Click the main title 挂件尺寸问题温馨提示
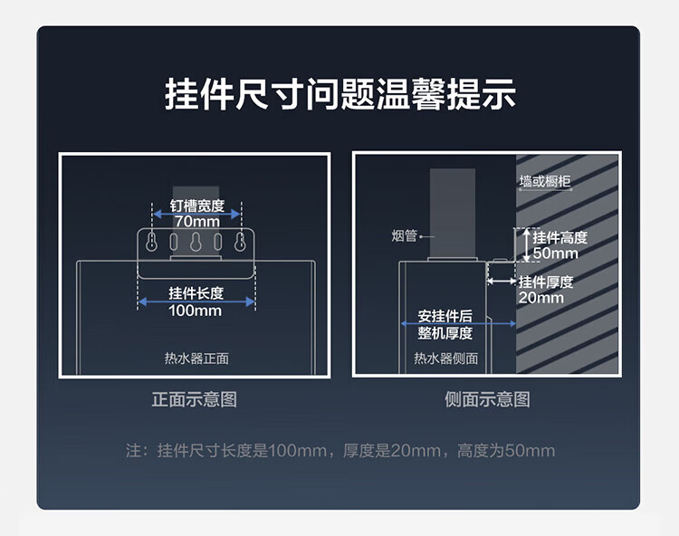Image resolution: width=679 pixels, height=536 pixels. [x=339, y=94]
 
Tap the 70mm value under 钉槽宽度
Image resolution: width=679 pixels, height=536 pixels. [x=196, y=221]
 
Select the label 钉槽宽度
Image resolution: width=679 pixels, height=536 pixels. [x=196, y=206]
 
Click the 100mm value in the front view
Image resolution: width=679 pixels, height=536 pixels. [x=195, y=311]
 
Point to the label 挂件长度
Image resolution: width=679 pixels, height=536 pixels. [x=196, y=293]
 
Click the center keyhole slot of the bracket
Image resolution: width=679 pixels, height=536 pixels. [x=196, y=243]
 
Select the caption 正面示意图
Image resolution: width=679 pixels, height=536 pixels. [x=195, y=399]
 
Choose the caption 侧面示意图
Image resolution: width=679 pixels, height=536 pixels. [x=487, y=399]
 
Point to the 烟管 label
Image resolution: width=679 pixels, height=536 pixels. [x=404, y=236]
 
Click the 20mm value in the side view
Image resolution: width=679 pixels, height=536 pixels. [x=541, y=298]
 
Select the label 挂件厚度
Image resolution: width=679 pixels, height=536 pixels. [x=546, y=282]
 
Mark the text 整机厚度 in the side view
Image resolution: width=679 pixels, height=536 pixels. [x=445, y=333]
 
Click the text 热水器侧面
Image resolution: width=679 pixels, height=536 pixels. [x=445, y=359]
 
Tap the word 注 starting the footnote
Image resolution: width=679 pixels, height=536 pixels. [x=134, y=451]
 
